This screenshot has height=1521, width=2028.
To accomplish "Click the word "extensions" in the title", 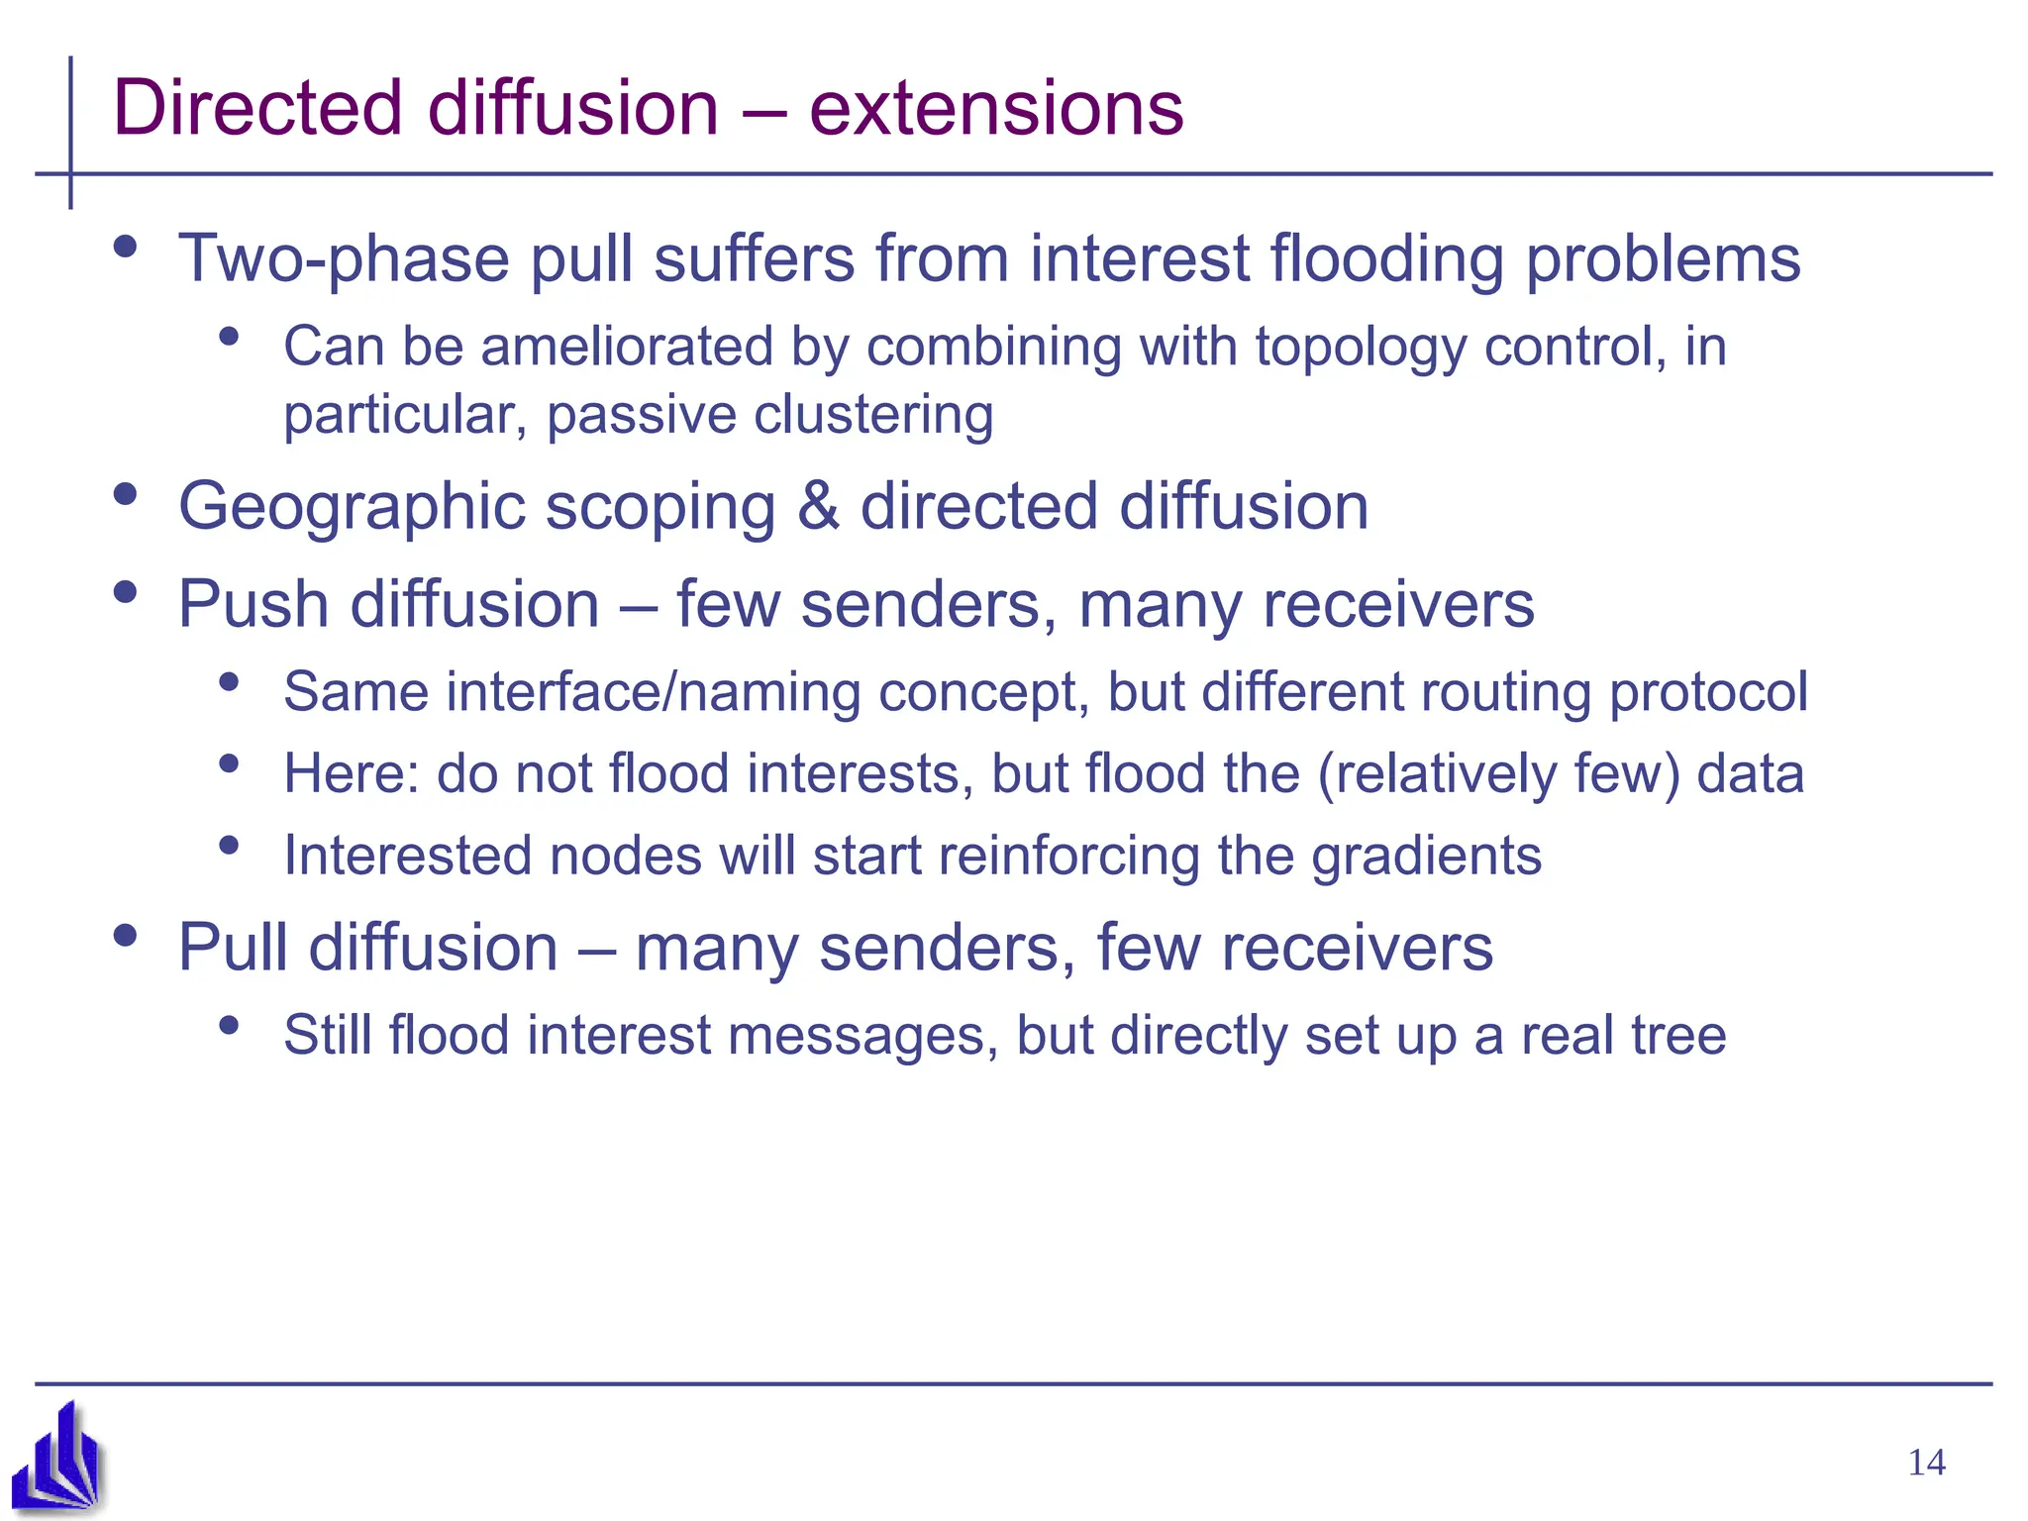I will pyautogui.click(x=995, y=108).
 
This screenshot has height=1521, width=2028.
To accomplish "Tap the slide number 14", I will pyautogui.click(x=1926, y=1463).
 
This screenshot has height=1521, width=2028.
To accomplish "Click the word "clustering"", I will pyautogui.click(x=873, y=414).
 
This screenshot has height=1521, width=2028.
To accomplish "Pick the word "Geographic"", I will pyautogui.click(x=351, y=507).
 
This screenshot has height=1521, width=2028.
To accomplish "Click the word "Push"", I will pyautogui.click(x=253, y=604).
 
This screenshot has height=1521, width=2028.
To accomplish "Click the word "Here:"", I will pyautogui.click(x=352, y=773).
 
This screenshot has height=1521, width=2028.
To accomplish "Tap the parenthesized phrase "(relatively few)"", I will pyautogui.click(x=1497, y=773).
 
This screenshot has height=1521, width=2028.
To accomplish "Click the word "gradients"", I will pyautogui.click(x=1426, y=856).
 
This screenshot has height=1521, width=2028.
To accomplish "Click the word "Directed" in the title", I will pyautogui.click(x=258, y=108).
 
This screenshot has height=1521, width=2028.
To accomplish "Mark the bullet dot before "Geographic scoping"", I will pyautogui.click(x=125, y=494).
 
